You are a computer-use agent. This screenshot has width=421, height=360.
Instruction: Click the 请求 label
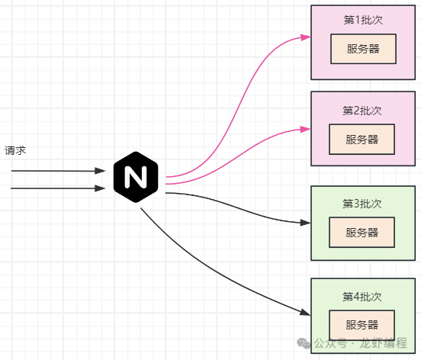[x=16, y=151]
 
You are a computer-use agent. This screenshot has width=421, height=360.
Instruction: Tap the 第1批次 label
[x=362, y=19]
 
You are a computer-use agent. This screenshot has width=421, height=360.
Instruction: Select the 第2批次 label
[x=362, y=111]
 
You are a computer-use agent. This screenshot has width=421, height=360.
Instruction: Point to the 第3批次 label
[x=362, y=204]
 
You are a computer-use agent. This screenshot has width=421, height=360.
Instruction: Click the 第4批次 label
[x=362, y=297]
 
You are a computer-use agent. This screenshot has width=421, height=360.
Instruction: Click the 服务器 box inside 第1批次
[x=362, y=49]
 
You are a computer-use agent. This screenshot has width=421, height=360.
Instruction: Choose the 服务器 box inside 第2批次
[x=362, y=140]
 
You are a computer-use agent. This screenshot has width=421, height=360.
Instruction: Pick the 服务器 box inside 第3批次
[x=362, y=233]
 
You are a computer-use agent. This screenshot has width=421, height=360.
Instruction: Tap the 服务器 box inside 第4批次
[x=362, y=324]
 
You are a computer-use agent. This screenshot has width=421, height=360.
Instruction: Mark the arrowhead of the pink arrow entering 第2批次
[x=305, y=129]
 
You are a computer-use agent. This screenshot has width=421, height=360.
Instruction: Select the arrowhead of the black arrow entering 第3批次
[x=305, y=223]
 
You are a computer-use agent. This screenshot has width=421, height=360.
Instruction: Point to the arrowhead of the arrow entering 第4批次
[x=305, y=313]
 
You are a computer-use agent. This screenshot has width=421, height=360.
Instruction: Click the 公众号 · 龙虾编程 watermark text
[x=362, y=343]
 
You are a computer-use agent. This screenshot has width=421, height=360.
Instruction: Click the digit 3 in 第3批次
[x=358, y=204]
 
